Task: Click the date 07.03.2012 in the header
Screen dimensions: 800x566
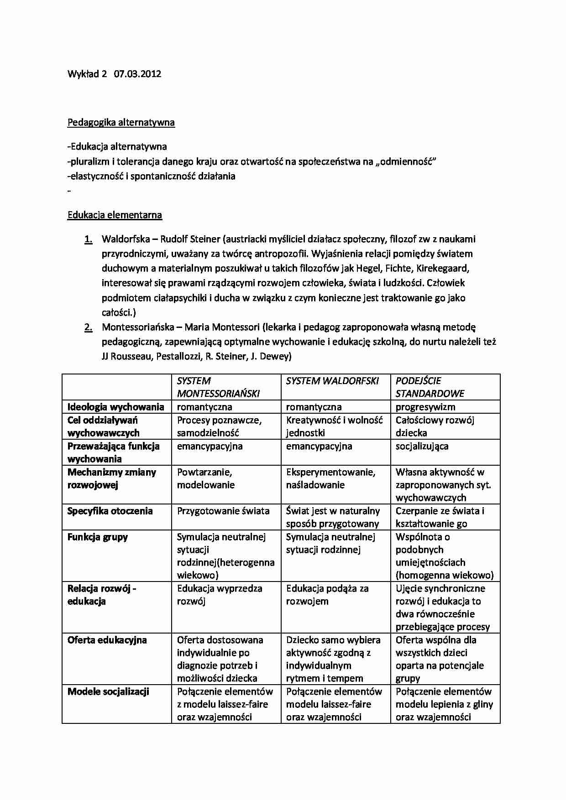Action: (x=137, y=74)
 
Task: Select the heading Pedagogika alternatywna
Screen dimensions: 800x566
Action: (x=121, y=122)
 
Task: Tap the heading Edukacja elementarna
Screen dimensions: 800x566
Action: (x=115, y=215)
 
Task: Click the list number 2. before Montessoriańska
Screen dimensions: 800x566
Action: (x=88, y=327)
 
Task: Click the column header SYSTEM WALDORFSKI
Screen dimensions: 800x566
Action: (x=332, y=381)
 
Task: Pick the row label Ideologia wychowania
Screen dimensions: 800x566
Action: (x=115, y=407)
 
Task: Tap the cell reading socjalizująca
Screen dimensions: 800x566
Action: (x=422, y=446)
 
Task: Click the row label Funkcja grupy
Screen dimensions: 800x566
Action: (x=98, y=537)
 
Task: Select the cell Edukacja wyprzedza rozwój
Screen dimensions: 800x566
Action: (x=219, y=595)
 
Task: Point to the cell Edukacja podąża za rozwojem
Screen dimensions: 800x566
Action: (x=327, y=595)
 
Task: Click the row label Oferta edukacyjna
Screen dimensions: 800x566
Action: (x=107, y=640)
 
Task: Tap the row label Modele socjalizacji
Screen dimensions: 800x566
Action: (x=108, y=691)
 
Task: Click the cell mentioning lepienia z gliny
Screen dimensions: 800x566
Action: (x=444, y=704)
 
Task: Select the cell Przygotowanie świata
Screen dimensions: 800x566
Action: (x=223, y=511)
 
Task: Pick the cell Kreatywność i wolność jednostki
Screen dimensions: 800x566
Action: (x=334, y=426)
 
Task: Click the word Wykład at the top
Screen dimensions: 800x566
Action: (x=83, y=74)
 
